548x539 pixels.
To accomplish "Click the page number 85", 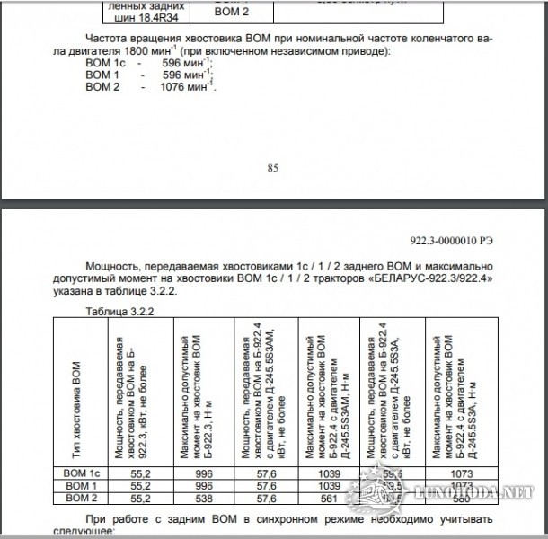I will (x=274, y=166).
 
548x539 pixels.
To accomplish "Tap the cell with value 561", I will (x=329, y=497).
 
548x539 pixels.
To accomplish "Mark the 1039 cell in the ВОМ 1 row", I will (x=329, y=484).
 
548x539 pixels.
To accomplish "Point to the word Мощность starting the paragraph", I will (x=112, y=268).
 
